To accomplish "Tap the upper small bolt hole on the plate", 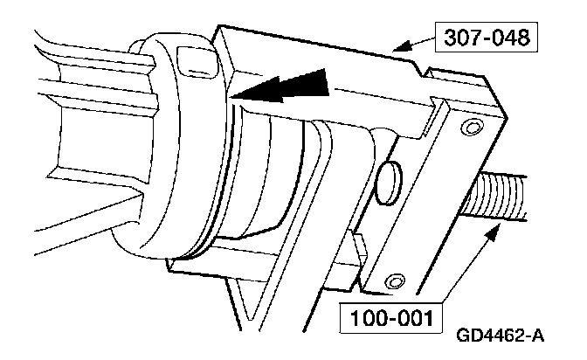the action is coord(472,129).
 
